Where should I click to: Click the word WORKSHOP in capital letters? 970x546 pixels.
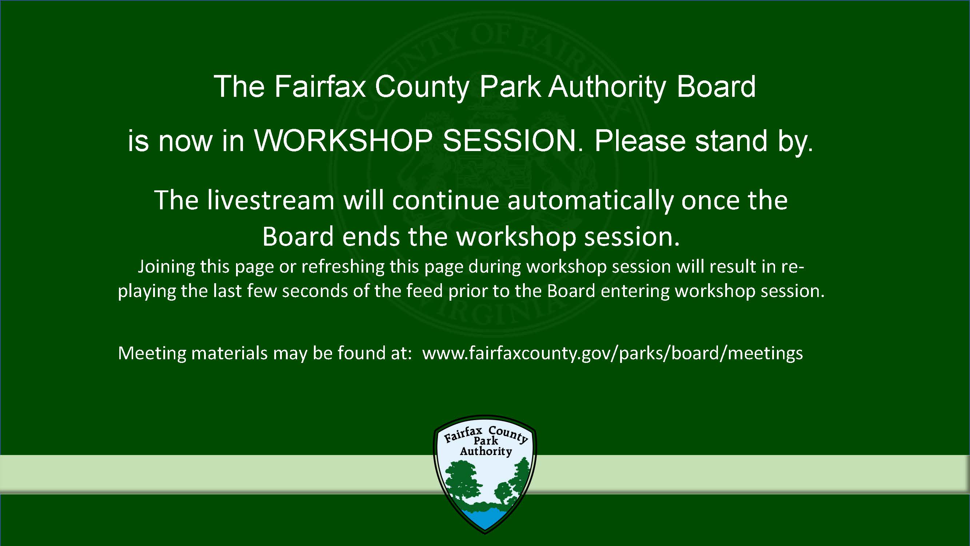(343, 141)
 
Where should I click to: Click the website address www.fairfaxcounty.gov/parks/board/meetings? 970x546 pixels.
(612, 354)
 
